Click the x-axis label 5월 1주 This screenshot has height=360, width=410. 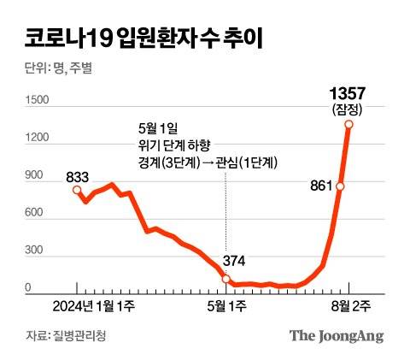click(225, 306)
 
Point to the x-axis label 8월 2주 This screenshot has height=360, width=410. click(349, 306)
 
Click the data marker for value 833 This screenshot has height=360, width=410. click(76, 189)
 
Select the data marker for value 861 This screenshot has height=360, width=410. click(340, 186)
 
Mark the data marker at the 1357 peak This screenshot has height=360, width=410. click(349, 124)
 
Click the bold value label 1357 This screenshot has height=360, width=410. click(348, 91)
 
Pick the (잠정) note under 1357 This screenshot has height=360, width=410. click(348, 109)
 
